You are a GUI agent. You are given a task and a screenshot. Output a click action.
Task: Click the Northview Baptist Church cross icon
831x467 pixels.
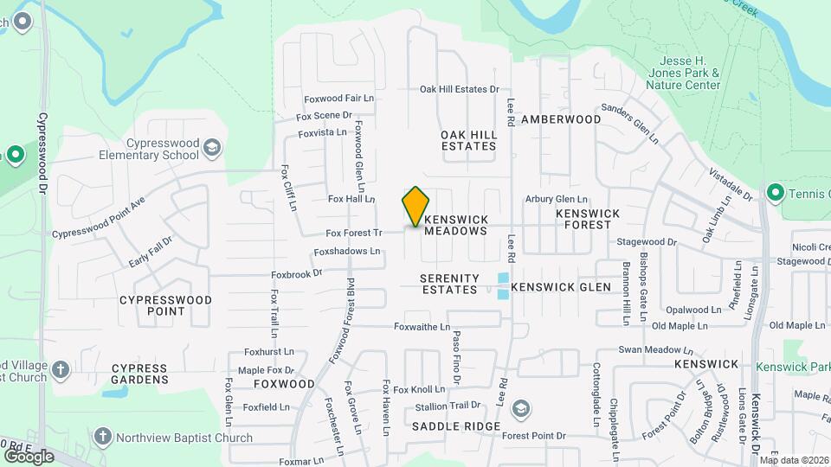click(102, 437)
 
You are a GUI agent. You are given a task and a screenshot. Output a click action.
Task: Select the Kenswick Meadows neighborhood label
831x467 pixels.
click(456, 226)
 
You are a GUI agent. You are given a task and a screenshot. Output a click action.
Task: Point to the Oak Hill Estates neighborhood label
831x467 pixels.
click(468, 140)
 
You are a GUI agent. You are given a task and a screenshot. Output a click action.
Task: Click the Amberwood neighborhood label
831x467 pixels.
click(561, 118)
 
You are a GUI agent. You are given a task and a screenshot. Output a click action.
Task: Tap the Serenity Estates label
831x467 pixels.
click(449, 284)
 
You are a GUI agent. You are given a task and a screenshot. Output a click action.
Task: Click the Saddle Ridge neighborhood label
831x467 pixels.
click(456, 426)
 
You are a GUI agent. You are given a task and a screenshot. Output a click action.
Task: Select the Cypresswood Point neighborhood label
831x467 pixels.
click(165, 305)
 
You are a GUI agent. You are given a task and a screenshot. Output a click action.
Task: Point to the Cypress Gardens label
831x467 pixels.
click(139, 374)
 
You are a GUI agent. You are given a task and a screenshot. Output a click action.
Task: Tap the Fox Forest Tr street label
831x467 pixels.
click(353, 233)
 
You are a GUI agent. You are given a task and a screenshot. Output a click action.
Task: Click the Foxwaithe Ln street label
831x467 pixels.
click(422, 327)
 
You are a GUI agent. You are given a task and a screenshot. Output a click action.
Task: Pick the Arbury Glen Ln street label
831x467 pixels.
click(557, 199)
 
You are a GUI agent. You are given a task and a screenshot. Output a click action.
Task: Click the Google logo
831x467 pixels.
click(29, 456)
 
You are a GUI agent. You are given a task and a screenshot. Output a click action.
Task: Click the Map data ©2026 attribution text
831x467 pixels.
click(794, 460)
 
